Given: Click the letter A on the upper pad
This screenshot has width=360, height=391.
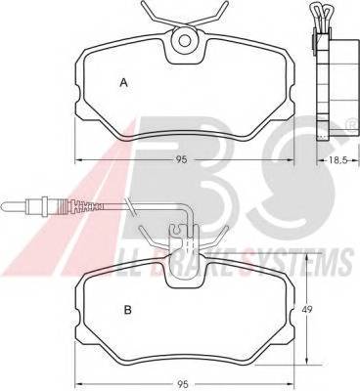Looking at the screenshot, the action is tap(123, 82).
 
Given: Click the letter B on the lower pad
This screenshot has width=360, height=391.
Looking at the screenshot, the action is tap(128, 310).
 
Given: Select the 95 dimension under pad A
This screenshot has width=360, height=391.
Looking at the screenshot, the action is tap(182, 159).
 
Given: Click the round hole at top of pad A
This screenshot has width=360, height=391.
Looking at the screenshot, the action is tap(185, 41).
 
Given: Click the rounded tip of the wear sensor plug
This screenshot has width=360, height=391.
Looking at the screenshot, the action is tap(4, 206).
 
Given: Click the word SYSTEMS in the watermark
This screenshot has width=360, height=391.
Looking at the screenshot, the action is tap(315, 261).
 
